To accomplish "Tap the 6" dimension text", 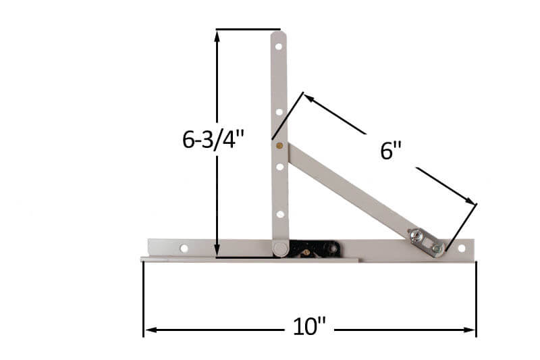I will pos(390,151).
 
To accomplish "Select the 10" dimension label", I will pos(310,328).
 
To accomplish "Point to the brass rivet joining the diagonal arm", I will pos(279,145).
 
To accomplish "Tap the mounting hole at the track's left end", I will pos(184,248).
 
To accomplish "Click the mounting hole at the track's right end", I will pos(462,248).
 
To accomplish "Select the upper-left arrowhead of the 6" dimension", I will pos(308,97).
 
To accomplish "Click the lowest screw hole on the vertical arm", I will pos(279,214).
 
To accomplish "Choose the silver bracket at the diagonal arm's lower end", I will pos(425,241).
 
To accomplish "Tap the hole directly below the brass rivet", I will pos(279,165).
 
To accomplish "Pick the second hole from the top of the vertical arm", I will pos(278,112).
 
